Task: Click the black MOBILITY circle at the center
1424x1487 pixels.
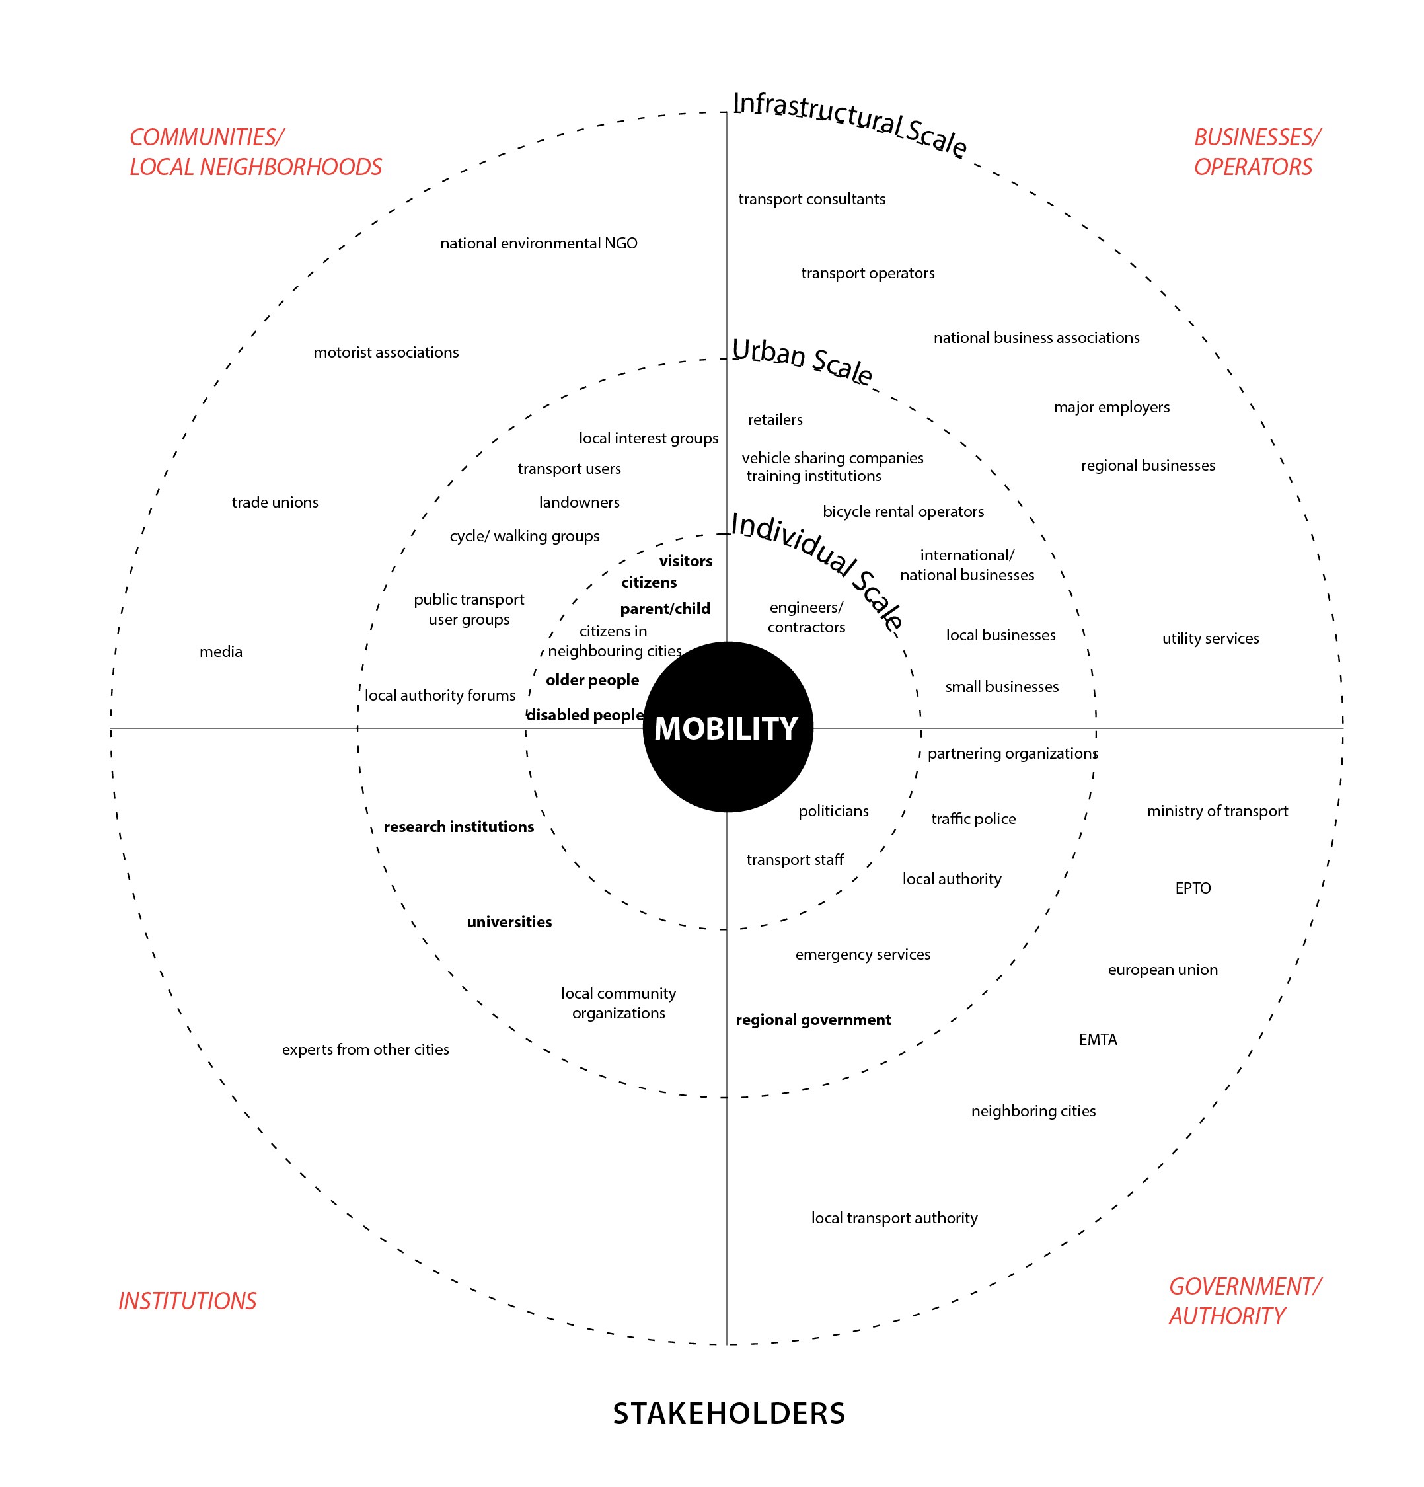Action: tap(727, 726)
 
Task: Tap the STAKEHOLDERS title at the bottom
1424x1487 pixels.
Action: tap(728, 1413)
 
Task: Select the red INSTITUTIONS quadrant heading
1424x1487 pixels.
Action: tap(188, 1301)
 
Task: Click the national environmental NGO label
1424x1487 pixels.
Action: tap(539, 243)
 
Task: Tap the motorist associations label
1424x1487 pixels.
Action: tap(385, 352)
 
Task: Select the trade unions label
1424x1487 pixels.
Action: tap(275, 502)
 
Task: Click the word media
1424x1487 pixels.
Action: tap(221, 651)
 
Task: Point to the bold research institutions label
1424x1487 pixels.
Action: tap(458, 826)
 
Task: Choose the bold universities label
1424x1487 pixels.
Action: tap(509, 921)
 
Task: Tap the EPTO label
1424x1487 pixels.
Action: tap(1193, 888)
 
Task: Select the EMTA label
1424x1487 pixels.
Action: tap(1098, 1039)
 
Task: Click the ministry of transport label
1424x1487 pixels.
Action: tap(1217, 810)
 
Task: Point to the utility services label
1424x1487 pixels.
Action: tap(1210, 638)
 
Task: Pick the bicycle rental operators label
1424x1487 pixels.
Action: tap(903, 512)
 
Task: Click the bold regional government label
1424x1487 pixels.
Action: tap(813, 1019)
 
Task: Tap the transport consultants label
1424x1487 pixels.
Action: tap(811, 199)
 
